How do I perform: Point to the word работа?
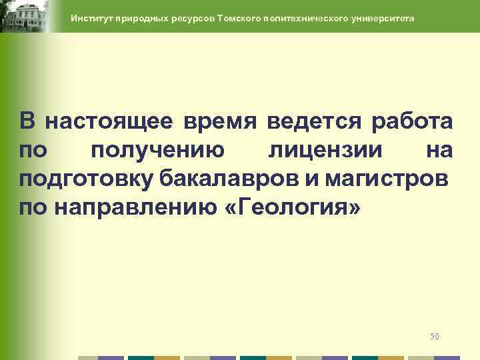[x=404, y=122]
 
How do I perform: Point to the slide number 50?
[x=435, y=336]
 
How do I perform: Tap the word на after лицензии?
[x=439, y=151]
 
